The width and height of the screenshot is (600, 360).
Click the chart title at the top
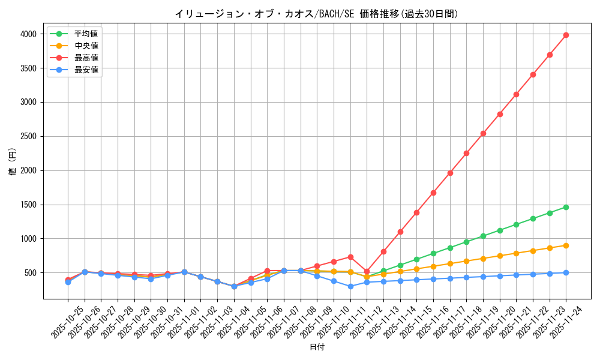point(316,14)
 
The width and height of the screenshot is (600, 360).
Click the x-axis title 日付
point(317,347)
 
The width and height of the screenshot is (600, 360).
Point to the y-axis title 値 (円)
point(12,163)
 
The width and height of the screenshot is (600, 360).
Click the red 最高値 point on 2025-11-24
point(566,35)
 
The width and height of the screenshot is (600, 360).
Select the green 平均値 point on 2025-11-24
point(566,207)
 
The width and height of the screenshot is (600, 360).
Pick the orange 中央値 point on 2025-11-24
point(566,245)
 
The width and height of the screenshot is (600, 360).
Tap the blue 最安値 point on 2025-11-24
point(566,272)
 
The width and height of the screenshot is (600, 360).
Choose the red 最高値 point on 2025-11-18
point(466,153)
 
